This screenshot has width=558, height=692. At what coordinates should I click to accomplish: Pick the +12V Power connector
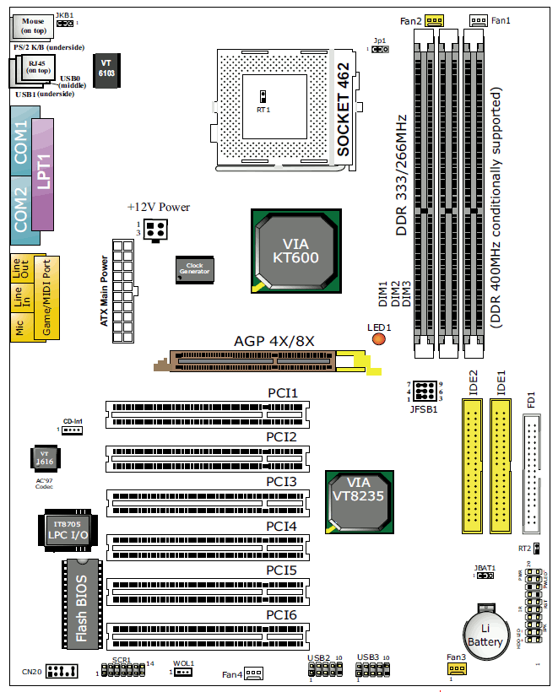pos(154,229)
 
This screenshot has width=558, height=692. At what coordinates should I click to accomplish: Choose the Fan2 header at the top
pos(435,20)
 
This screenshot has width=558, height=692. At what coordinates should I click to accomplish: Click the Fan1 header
pos(479,20)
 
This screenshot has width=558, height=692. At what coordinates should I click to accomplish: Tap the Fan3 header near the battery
pos(456,669)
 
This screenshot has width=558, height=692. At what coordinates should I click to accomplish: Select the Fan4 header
pos(254,673)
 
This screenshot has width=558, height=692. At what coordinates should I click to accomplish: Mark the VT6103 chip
pos(106,68)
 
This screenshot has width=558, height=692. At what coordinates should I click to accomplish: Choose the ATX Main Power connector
pos(122,294)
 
